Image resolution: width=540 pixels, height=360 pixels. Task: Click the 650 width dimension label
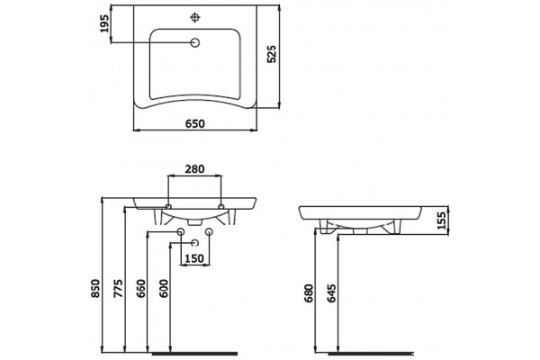coord(195,123)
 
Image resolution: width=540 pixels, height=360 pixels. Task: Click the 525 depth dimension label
coord(272,54)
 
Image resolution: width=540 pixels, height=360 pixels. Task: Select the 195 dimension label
coord(104,23)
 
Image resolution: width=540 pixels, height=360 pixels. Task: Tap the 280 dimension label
coord(194,169)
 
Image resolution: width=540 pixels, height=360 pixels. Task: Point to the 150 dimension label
coord(194,258)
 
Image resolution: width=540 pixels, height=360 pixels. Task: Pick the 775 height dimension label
coord(118,288)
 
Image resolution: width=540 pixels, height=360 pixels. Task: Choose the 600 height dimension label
coord(165,288)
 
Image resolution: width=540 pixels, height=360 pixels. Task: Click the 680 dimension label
coord(309,293)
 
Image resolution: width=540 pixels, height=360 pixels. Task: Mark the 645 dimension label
coord(331,293)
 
